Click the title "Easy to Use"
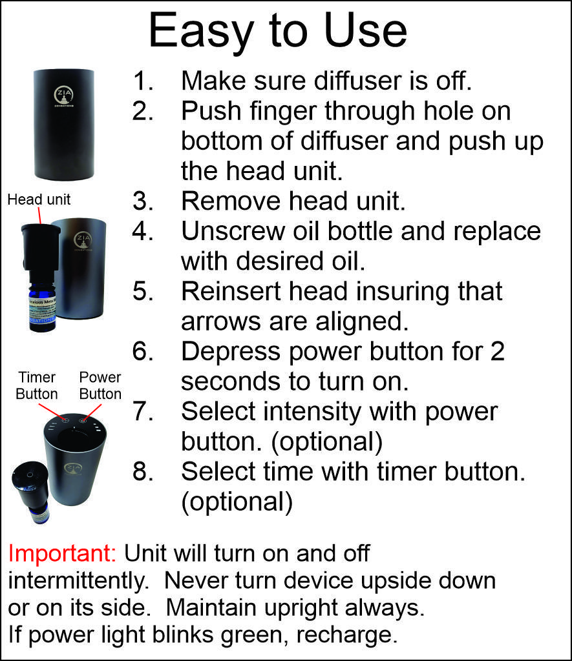[278, 32]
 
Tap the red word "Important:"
[62, 553]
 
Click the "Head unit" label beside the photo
[39, 199]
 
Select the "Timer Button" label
[37, 385]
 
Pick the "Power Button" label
[100, 385]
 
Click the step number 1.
[143, 81]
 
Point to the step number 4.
[143, 231]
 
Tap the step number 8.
[143, 471]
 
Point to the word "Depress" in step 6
[231, 351]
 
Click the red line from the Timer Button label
[52, 412]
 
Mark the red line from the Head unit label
[40, 216]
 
